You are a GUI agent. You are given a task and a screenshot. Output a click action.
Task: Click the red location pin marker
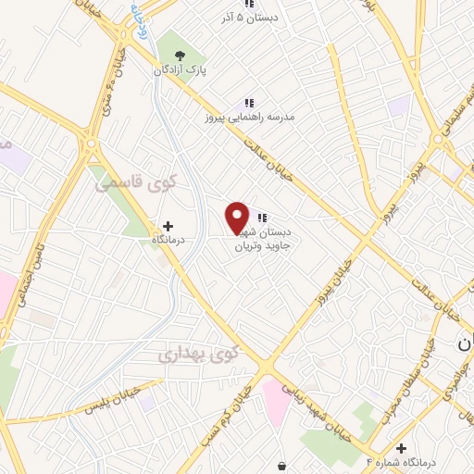[238, 218]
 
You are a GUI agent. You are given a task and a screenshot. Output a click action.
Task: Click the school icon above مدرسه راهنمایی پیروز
[248, 103]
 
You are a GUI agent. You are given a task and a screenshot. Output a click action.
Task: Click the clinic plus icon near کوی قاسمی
[168, 225]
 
